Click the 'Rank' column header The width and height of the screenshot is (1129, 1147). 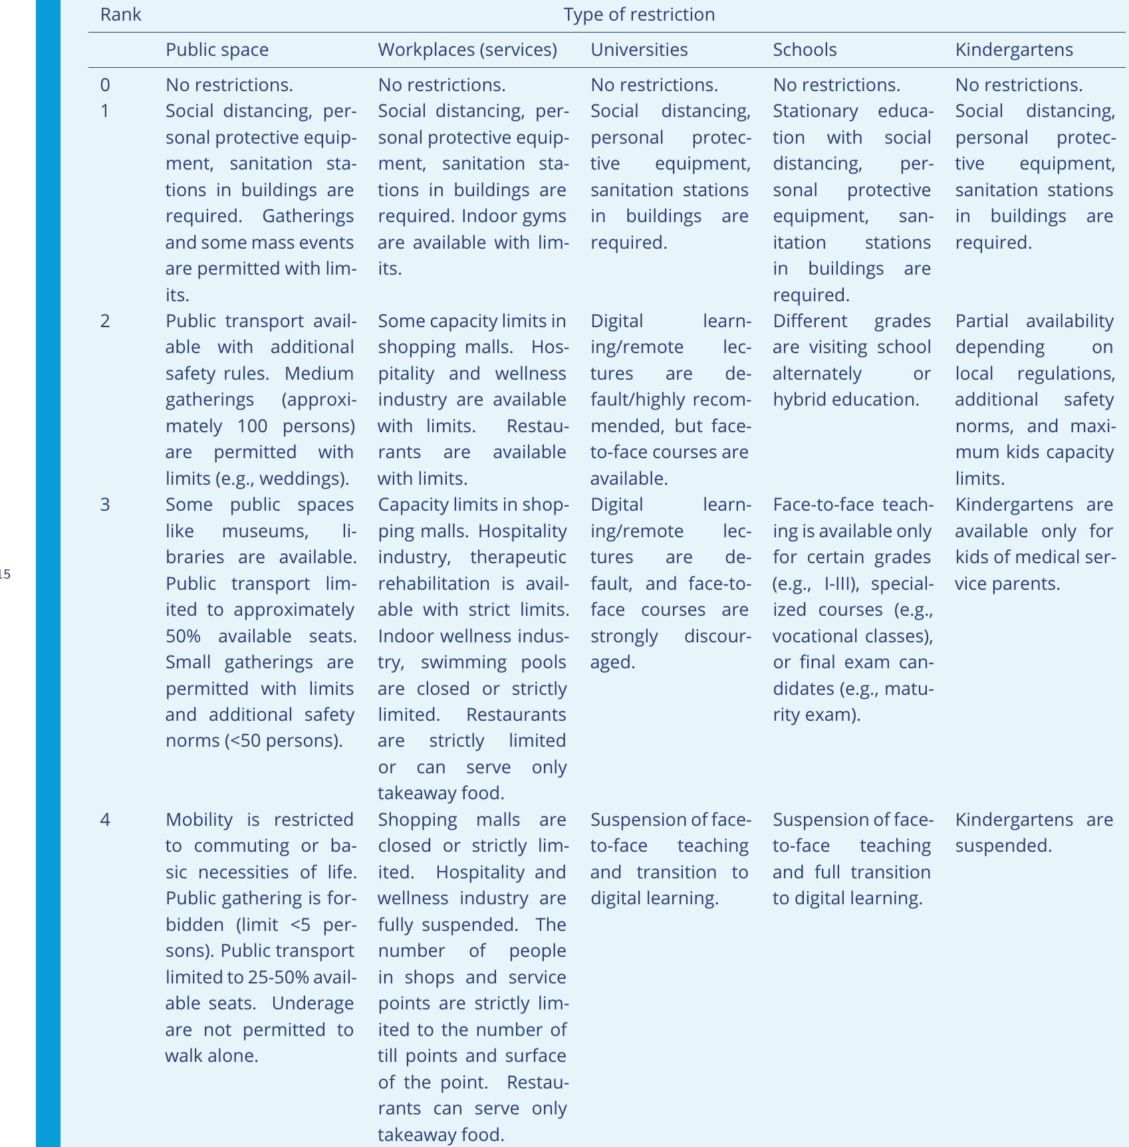click(x=120, y=15)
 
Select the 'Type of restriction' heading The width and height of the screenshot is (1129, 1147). click(x=639, y=15)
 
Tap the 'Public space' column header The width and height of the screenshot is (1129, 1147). click(x=217, y=50)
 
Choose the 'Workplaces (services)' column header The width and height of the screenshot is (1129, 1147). click(x=467, y=50)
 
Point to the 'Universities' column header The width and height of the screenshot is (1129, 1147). click(x=639, y=50)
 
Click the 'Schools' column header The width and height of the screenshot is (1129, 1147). click(x=805, y=50)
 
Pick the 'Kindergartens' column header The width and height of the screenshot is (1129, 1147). click(x=1014, y=50)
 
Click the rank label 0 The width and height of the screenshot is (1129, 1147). click(x=105, y=85)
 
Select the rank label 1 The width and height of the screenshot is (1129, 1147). click(x=105, y=111)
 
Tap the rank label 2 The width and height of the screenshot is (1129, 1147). click(x=105, y=321)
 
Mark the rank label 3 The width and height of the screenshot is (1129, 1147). click(x=105, y=505)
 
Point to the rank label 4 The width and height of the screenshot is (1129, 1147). click(x=105, y=819)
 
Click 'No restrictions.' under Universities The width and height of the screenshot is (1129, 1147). click(x=654, y=85)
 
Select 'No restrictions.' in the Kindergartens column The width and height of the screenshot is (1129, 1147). click(x=1019, y=85)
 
